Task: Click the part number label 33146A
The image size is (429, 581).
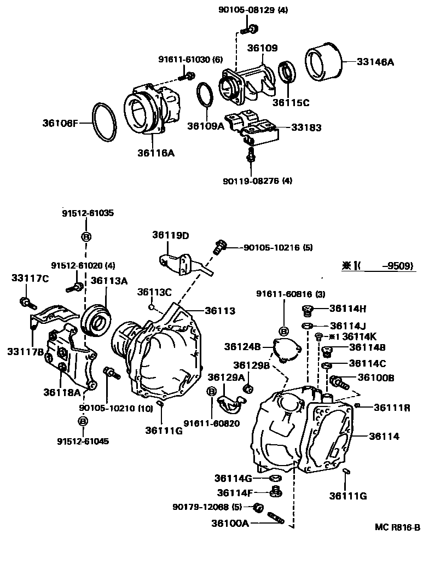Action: tap(375, 62)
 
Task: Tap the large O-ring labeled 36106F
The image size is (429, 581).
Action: tap(105, 122)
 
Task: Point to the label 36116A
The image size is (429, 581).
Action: tap(155, 153)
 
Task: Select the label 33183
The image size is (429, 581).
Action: tap(306, 127)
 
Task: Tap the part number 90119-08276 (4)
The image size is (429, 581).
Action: tap(257, 180)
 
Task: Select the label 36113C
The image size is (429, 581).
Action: tap(154, 292)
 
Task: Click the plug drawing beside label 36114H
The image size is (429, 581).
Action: tap(308, 311)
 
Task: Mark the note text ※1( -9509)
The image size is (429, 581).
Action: tap(378, 266)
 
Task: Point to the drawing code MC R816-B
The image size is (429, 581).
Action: tap(397, 527)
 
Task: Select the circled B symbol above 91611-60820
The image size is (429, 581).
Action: tap(211, 391)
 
